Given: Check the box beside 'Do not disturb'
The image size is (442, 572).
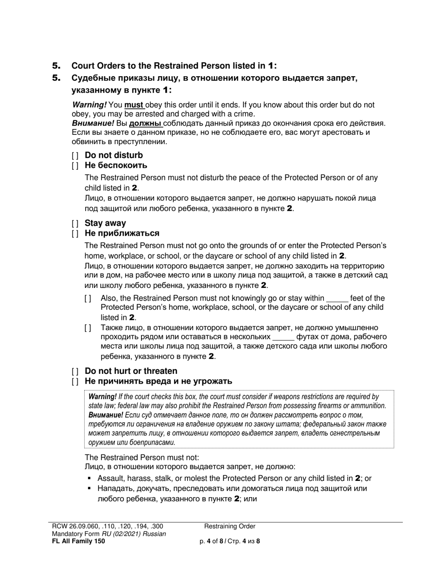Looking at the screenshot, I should pyautogui.click(x=75, y=156).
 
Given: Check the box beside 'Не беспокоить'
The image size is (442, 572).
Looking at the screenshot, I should pyautogui.click(x=75, y=166).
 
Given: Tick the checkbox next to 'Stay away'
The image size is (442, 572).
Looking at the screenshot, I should pyautogui.click(x=75, y=224).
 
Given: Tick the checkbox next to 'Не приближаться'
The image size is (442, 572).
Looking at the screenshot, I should pyautogui.click(x=75, y=233).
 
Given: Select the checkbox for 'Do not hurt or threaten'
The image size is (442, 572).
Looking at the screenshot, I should pyautogui.click(x=75, y=372).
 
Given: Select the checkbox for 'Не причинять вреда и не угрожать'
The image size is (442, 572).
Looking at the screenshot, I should pyautogui.click(x=75, y=382).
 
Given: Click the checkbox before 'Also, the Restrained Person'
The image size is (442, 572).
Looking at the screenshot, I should pyautogui.click(x=88, y=299).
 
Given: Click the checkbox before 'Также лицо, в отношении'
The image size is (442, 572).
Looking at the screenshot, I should pyautogui.click(x=88, y=328).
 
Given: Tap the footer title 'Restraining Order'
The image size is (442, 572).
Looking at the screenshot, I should pyautogui.click(x=230, y=526).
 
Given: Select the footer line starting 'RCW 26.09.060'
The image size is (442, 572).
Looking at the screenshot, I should pyautogui.click(x=107, y=526).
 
